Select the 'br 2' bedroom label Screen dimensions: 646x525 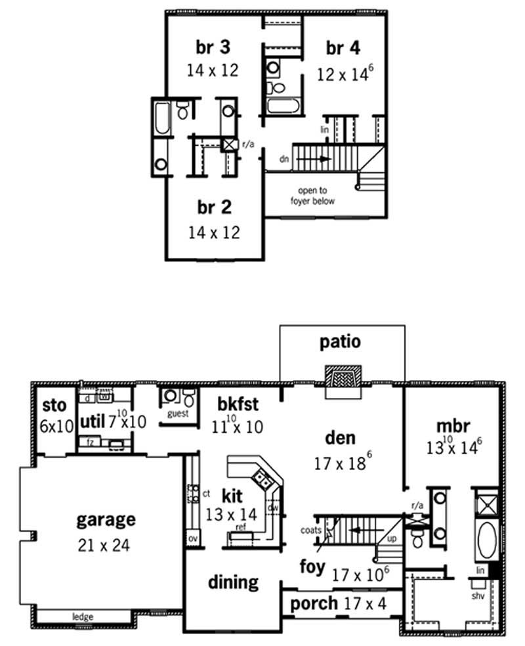pos(215,208)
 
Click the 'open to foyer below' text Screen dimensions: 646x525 pos(312,196)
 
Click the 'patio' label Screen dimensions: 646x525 pos(340,341)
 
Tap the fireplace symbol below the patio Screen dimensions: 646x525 pos(343,380)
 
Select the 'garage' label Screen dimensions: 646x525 pos(106,519)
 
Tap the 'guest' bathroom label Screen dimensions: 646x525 pos(178,414)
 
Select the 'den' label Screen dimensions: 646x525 pos(340,437)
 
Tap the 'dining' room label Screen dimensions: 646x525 pos(233,582)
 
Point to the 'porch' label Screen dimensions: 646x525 pos(314,603)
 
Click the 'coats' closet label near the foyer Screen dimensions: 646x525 pos(311,529)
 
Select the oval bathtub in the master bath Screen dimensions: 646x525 pos(487,540)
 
